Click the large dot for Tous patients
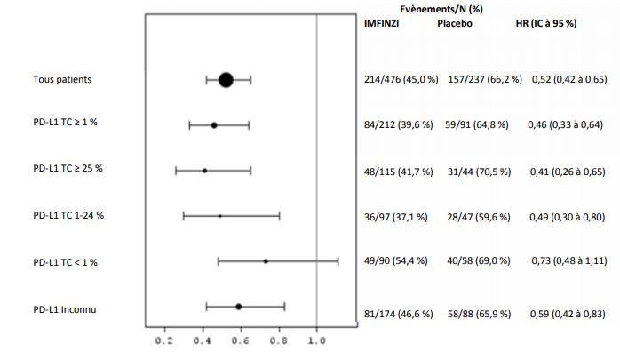[226, 80]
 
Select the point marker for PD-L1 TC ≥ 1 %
[214, 125]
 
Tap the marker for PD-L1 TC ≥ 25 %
[204, 170]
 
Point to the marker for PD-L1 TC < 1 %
[266, 261]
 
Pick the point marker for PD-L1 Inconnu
[238, 307]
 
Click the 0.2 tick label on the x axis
[164, 340]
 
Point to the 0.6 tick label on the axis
[241, 340]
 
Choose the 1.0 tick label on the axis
[317, 340]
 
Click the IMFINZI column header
[383, 23]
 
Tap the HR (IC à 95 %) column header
[547, 23]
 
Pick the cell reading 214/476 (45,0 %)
[401, 80]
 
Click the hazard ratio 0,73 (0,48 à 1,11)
[569, 261]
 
